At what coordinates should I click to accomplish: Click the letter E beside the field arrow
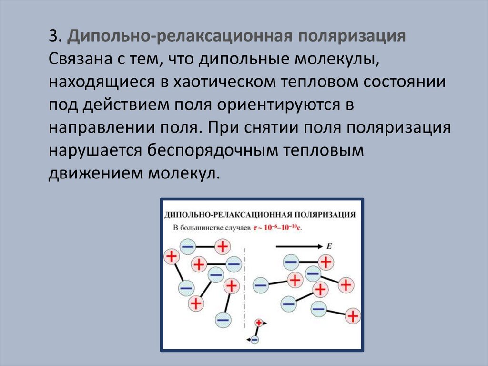[329, 246]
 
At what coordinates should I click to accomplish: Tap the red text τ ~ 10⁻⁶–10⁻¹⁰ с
[278, 228]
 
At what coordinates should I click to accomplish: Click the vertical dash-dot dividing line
[244, 286]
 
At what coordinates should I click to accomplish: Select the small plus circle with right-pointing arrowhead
[259, 323]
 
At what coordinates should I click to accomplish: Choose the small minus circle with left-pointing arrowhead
[254, 340]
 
